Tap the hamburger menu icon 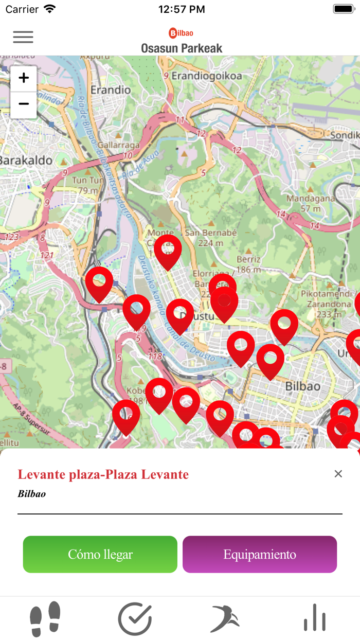click(23, 37)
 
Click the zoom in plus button click(24, 78)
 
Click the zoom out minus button click(24, 104)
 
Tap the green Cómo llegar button click(100, 554)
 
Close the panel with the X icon click(338, 474)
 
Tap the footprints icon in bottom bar click(45, 619)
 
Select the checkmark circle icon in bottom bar click(135, 619)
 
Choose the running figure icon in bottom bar click(225, 619)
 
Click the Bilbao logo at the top click(181, 33)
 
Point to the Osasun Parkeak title click(182, 48)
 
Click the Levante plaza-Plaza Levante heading click(103, 474)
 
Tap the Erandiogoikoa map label click(206, 76)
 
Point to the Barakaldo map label click(26, 161)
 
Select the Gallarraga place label click(118, 146)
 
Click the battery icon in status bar click(343, 9)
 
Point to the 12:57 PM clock click(182, 9)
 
